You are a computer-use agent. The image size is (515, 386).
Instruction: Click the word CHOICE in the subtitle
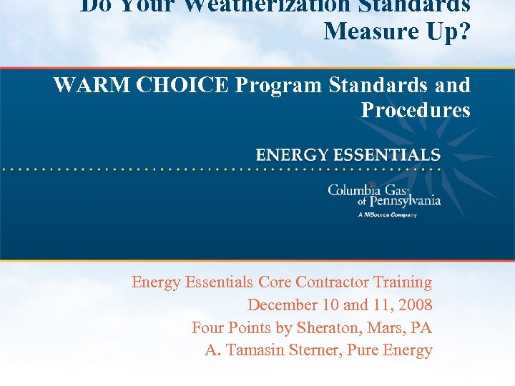click(x=183, y=85)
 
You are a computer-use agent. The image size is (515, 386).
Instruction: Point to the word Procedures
click(x=416, y=110)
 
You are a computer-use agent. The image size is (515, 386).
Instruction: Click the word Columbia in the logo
click(x=355, y=190)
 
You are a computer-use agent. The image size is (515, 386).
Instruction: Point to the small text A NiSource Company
click(x=387, y=214)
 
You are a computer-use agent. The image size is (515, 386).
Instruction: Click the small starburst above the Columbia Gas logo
click(x=373, y=184)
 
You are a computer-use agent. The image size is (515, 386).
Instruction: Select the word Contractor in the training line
click(x=330, y=282)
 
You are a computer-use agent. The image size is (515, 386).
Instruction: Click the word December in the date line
click(x=281, y=305)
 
